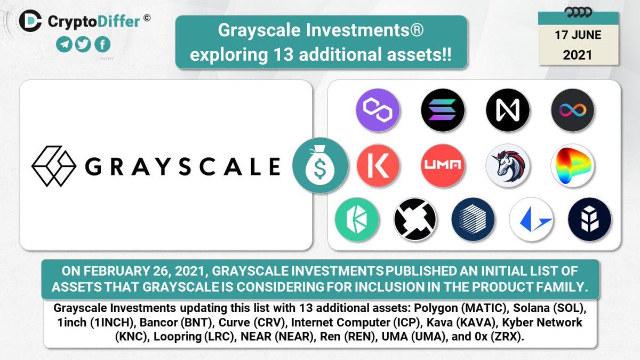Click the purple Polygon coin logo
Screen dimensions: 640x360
(x=378, y=110)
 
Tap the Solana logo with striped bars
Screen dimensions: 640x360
(x=443, y=110)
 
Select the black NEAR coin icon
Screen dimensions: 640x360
(x=508, y=110)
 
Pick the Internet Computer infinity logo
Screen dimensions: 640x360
(x=573, y=110)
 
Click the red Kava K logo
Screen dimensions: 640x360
(x=378, y=165)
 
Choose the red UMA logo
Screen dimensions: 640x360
(x=443, y=165)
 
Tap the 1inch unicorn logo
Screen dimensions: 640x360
(x=508, y=165)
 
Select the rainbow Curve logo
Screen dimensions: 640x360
(x=573, y=165)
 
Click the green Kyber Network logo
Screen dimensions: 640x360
(x=357, y=219)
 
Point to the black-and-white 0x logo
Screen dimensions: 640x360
(x=415, y=219)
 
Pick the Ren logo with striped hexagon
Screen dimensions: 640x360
(x=473, y=219)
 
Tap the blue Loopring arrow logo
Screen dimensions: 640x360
(x=531, y=219)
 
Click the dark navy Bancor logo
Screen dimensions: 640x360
(x=589, y=219)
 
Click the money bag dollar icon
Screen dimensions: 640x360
(x=321, y=165)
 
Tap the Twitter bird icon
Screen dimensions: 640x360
(x=83, y=44)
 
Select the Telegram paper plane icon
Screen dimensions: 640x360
(x=64, y=44)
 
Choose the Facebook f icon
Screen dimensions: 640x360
(x=102, y=44)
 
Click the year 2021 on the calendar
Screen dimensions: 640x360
(x=577, y=55)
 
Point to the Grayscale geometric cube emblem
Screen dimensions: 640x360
(x=54, y=166)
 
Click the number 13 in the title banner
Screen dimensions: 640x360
(x=283, y=54)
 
